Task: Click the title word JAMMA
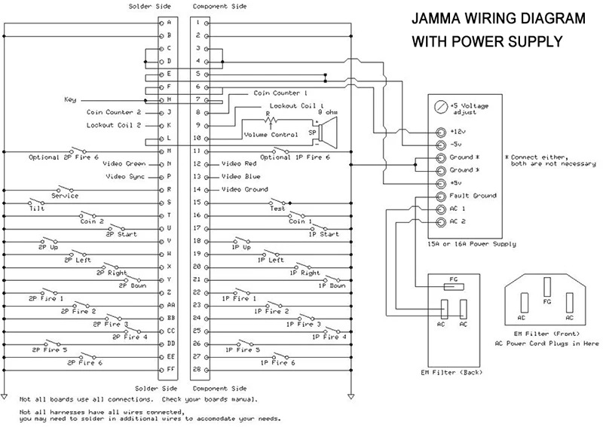(x=439, y=19)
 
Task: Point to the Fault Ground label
(x=473, y=196)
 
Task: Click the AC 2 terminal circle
(x=440, y=221)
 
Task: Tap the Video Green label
(x=124, y=163)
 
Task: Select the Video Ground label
(x=245, y=189)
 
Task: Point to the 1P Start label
(x=324, y=234)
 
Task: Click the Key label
(x=70, y=99)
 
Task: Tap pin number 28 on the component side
(x=196, y=370)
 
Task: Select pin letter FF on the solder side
(x=170, y=370)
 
